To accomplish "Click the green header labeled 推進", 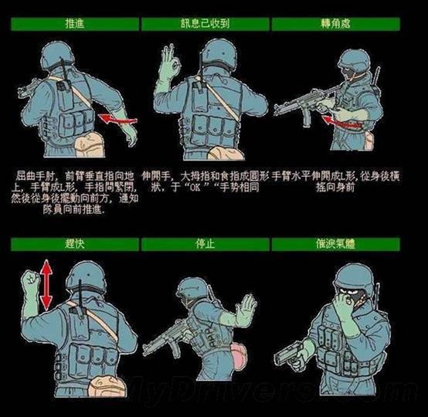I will click(74, 24).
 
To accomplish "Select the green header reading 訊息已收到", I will click(205, 24).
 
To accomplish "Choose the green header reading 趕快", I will click(74, 245).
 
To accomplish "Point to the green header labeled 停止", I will click(205, 245).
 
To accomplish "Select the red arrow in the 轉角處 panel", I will click(341, 121).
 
